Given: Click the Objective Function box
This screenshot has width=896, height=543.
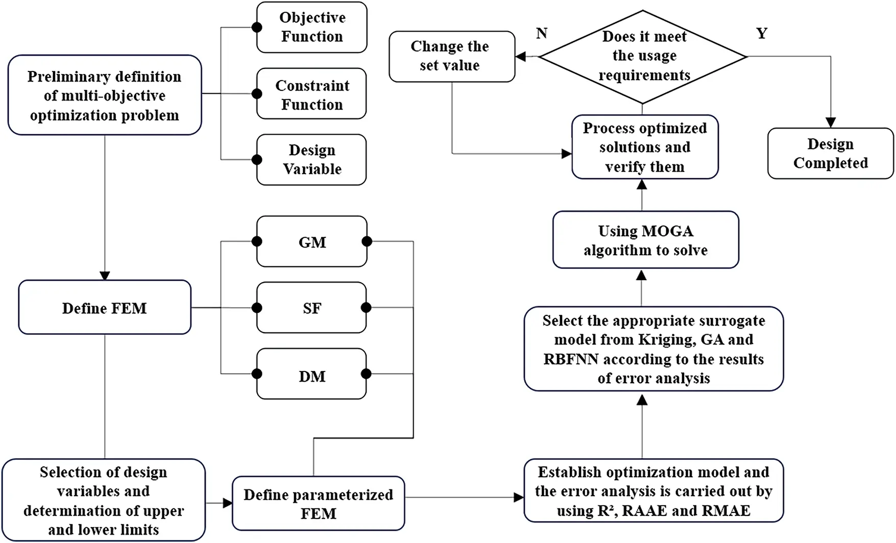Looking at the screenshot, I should pos(311,28).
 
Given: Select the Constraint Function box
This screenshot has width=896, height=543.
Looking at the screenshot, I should pos(311,94).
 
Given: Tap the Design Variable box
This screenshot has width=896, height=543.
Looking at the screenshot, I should pos(311,159).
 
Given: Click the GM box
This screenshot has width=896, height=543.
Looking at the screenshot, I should pos(311,242).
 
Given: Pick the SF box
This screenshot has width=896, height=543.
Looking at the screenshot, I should pos(311,308).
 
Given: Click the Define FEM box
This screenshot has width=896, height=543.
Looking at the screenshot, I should pos(105,308).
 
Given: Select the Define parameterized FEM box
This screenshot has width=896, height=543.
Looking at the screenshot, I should pos(318,504).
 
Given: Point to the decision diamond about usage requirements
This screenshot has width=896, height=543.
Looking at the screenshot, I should pos(643,56).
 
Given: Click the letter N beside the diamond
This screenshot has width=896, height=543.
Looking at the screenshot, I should pos(542,34).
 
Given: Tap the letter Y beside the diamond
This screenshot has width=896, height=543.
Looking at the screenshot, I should pos(761,34).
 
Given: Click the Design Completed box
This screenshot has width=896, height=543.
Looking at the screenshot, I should pos(830,153).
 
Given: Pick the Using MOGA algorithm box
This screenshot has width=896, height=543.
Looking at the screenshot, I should pos(645,240).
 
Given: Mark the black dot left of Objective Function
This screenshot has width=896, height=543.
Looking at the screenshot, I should pos(257,28).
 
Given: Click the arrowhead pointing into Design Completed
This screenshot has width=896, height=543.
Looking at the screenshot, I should pos(831,122).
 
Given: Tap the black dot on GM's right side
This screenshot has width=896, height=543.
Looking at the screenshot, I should pos(367,242).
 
